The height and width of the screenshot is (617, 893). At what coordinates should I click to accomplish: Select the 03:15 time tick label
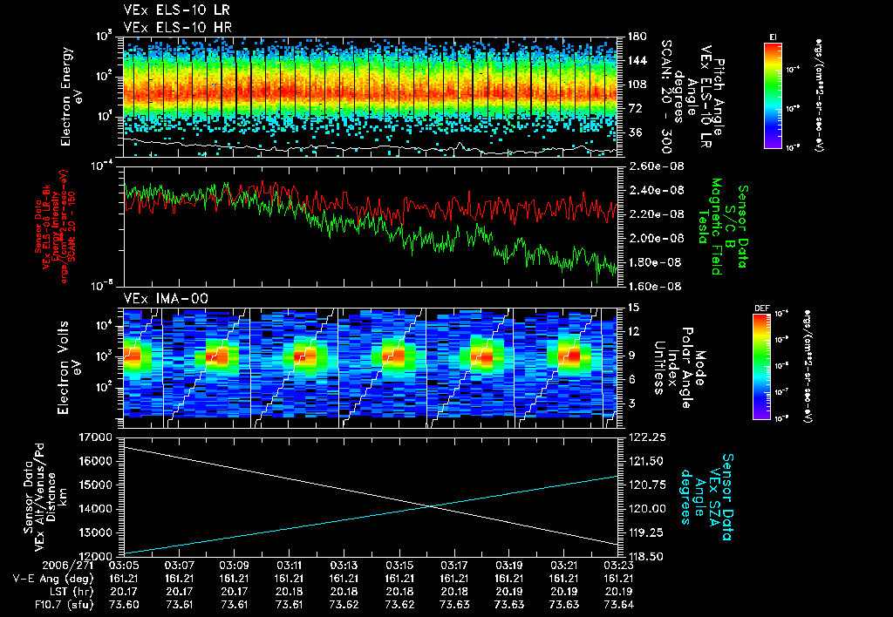(399, 566)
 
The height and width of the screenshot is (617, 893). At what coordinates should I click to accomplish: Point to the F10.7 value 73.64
(617, 603)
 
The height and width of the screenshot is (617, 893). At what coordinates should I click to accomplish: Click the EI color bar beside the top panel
(773, 94)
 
